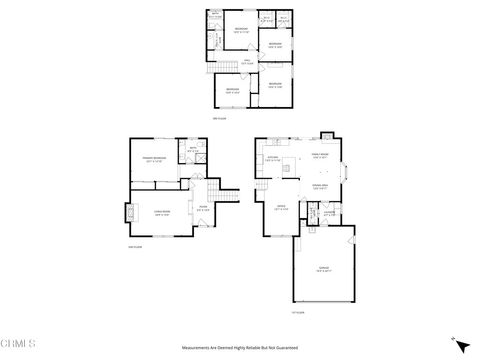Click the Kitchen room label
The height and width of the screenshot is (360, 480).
pos(271,157)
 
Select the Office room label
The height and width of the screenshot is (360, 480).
pos(282,208)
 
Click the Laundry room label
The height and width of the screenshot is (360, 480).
pos(329,212)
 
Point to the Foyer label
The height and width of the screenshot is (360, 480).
pos(203,209)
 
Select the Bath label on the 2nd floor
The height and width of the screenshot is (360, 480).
pos(192,152)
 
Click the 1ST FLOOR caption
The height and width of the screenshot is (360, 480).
pos(297,312)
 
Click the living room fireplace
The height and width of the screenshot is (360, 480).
pos(129,213)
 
